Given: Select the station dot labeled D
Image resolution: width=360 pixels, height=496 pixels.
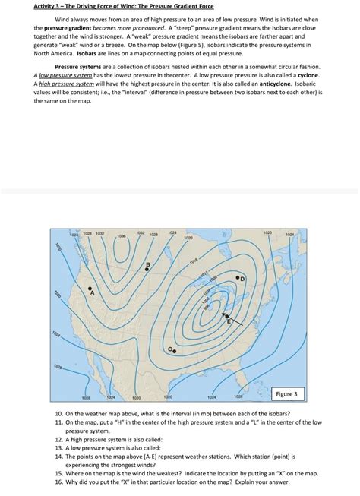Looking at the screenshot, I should pos(238,279).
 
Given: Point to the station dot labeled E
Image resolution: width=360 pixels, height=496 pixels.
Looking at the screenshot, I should pos(224,313).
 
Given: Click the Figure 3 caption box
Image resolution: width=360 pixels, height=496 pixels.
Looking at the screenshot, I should pos(289,393).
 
